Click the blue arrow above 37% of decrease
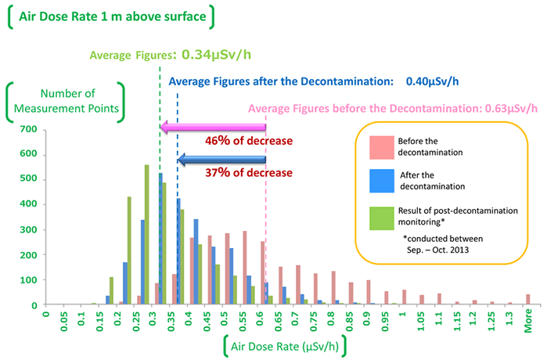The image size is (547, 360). [x=222, y=160]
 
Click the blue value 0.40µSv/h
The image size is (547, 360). [x=431, y=80]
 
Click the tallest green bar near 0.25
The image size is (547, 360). [x=146, y=235]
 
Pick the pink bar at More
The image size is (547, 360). [x=528, y=299]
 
